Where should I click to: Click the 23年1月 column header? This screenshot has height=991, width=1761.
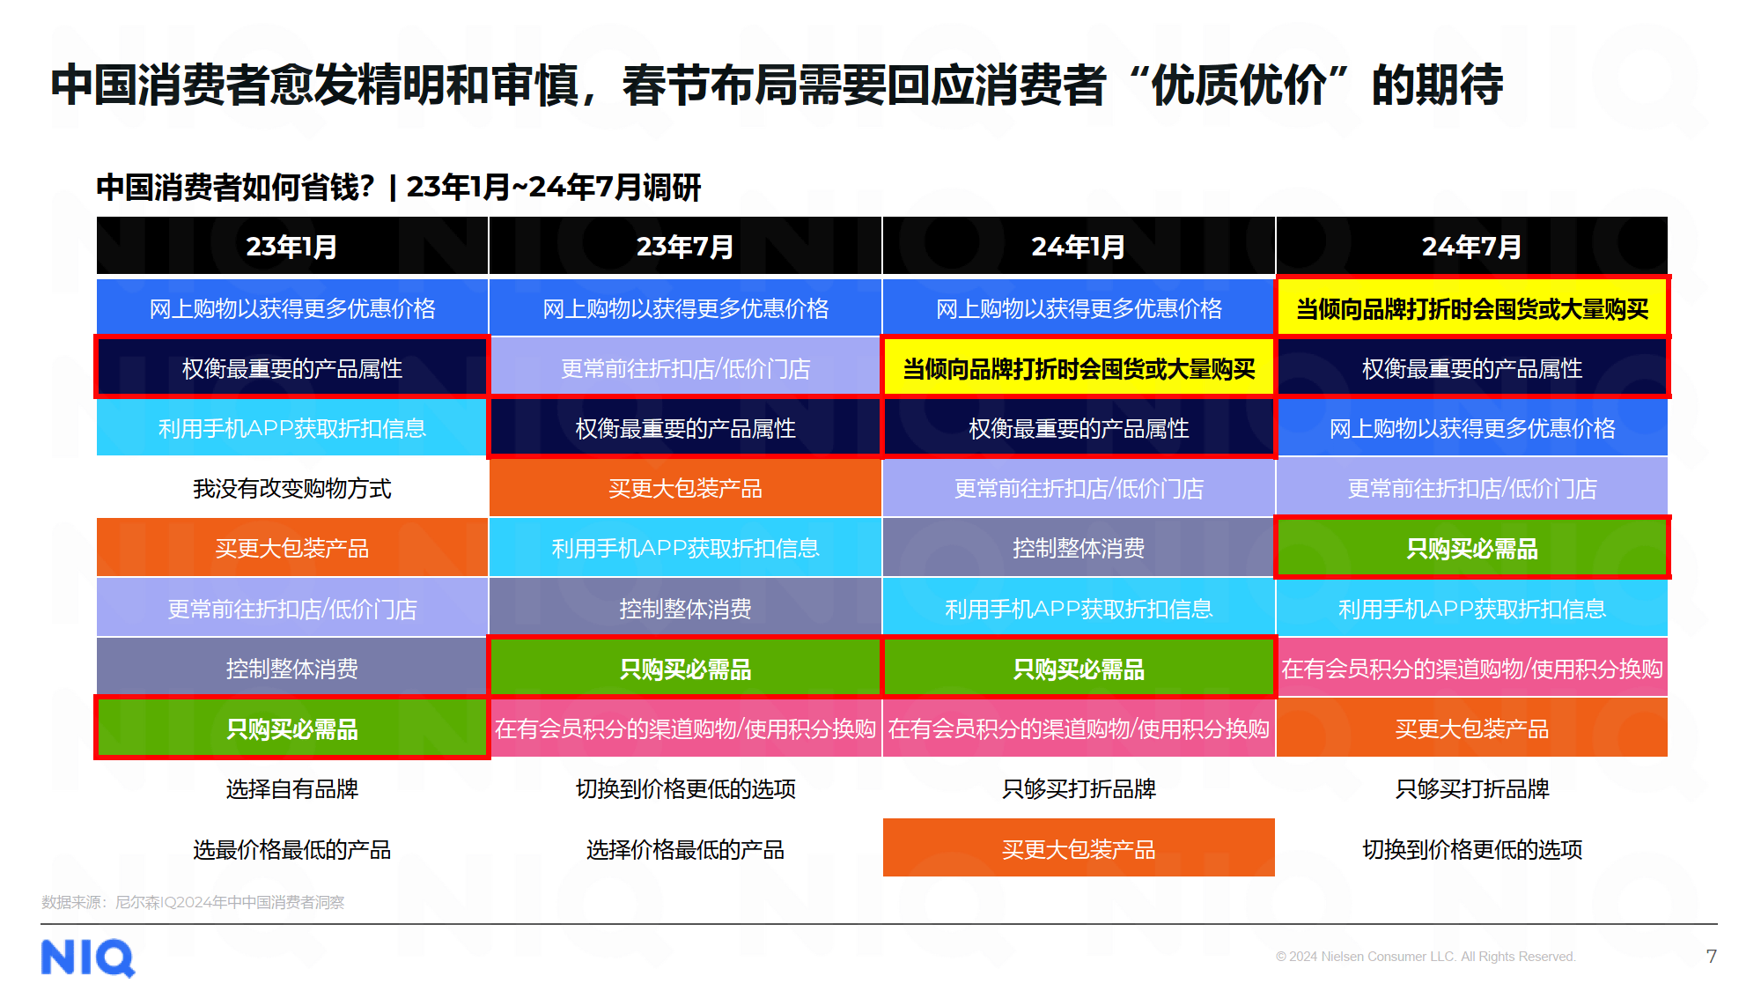click(x=291, y=247)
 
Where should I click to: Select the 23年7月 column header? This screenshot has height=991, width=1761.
click(x=685, y=247)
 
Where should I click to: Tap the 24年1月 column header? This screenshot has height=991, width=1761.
click(x=1078, y=247)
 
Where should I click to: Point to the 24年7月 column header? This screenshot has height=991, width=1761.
click(x=1471, y=247)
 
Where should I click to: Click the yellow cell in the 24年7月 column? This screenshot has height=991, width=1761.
click(x=1472, y=308)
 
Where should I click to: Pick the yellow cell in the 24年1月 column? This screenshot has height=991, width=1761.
click(x=1079, y=368)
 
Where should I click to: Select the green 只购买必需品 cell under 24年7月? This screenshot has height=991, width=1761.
click(x=1472, y=548)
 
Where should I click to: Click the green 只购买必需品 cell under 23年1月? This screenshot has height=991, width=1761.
click(x=291, y=728)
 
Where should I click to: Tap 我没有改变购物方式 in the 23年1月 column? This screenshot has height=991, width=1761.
click(x=291, y=488)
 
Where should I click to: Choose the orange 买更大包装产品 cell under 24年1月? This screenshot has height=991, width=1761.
click(x=1079, y=848)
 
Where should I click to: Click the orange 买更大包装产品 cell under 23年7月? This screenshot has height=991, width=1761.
click(x=685, y=488)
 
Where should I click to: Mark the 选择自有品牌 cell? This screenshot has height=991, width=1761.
click(x=291, y=788)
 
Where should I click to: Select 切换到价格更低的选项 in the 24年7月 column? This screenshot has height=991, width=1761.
click(x=1472, y=848)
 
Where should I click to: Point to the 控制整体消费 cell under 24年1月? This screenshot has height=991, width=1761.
click(x=1079, y=548)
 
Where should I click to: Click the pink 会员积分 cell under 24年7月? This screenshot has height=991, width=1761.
click(x=1472, y=669)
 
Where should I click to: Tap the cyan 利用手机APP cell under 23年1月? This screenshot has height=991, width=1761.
click(x=291, y=428)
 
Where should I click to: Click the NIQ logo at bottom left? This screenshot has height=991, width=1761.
click(x=88, y=958)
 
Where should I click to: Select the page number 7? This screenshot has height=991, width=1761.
click(x=1711, y=956)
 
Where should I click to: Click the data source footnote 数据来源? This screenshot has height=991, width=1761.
click(x=193, y=902)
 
